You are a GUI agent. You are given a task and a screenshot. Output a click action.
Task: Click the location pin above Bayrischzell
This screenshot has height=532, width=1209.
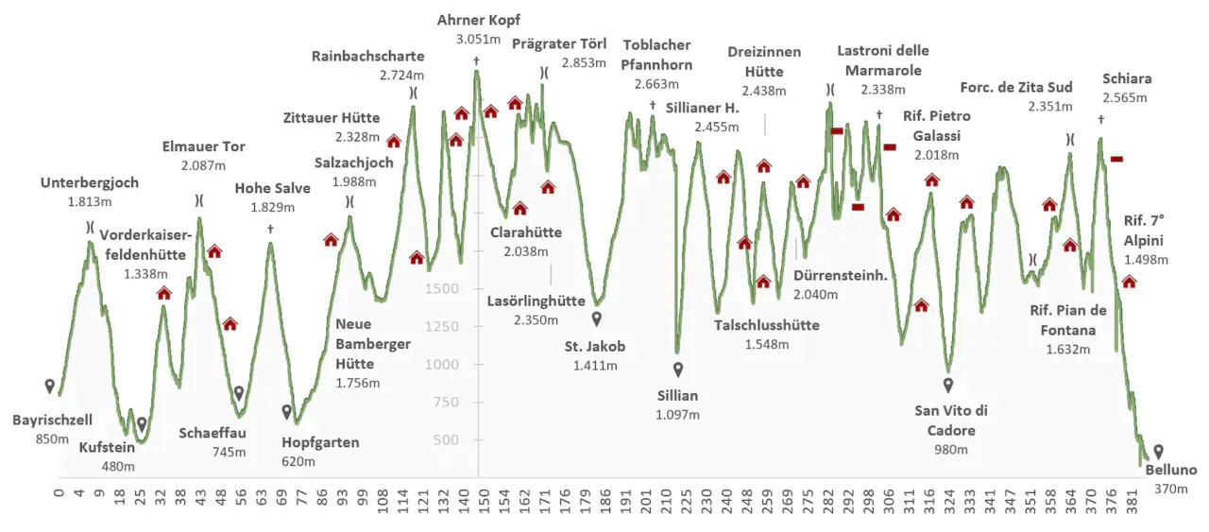pyautogui.click(x=49, y=386)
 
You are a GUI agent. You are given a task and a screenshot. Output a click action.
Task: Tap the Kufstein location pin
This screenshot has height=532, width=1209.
pyautogui.click(x=142, y=424)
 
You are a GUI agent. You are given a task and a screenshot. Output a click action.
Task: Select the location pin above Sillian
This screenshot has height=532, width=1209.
pyautogui.click(x=678, y=369)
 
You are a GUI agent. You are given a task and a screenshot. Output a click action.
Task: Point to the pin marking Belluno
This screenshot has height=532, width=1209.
pyautogui.click(x=1158, y=452)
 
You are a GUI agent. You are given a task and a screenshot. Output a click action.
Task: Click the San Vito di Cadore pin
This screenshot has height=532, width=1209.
pyautogui.click(x=948, y=385)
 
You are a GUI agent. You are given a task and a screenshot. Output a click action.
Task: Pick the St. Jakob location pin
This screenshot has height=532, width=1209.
pyautogui.click(x=596, y=319)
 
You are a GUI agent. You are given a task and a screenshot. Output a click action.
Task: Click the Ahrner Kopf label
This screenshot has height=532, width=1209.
pyautogui.click(x=478, y=20)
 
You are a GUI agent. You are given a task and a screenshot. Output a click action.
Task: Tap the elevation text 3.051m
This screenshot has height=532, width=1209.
pyautogui.click(x=478, y=39)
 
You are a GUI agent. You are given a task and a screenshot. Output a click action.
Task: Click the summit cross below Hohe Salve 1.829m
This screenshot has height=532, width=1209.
pyautogui.click(x=270, y=229)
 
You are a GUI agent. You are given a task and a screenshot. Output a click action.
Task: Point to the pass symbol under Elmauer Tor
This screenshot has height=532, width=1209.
pyautogui.click(x=199, y=200)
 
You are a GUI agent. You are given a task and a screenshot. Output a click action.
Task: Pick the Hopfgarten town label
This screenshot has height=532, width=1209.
pyautogui.click(x=320, y=442)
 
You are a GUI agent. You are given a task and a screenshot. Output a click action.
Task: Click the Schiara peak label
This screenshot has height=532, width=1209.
pyautogui.click(x=1127, y=79)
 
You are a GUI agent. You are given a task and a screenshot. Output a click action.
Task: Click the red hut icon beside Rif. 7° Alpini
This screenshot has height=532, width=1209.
pyautogui.click(x=1129, y=281)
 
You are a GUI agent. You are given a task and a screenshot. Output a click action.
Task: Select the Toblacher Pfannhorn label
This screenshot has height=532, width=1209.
pyautogui.click(x=656, y=55)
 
